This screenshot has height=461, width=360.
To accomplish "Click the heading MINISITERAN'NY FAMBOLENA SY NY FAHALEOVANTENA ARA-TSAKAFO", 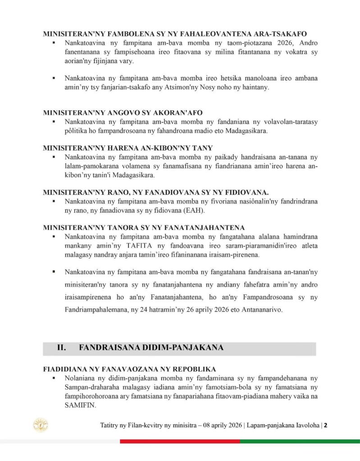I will tap(175, 34).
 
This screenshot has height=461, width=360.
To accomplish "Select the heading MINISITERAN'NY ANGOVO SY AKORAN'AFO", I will tap(117, 112).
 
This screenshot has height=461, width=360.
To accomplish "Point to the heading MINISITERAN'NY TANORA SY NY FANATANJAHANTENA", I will tap(144, 227).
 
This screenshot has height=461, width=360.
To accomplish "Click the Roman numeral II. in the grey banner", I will tap(62, 348).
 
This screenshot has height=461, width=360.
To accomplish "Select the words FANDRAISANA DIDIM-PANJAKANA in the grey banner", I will tap(150, 348).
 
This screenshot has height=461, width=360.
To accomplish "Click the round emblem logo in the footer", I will tap(41, 425).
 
